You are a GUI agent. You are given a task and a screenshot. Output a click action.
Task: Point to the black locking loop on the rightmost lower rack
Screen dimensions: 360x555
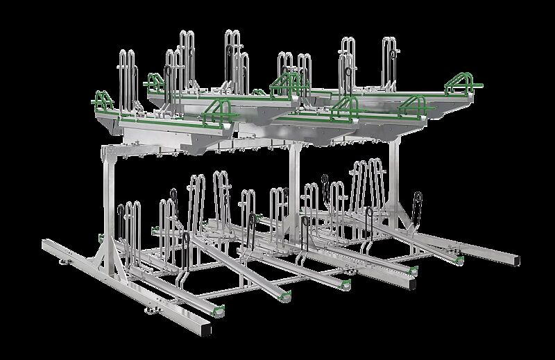417,204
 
